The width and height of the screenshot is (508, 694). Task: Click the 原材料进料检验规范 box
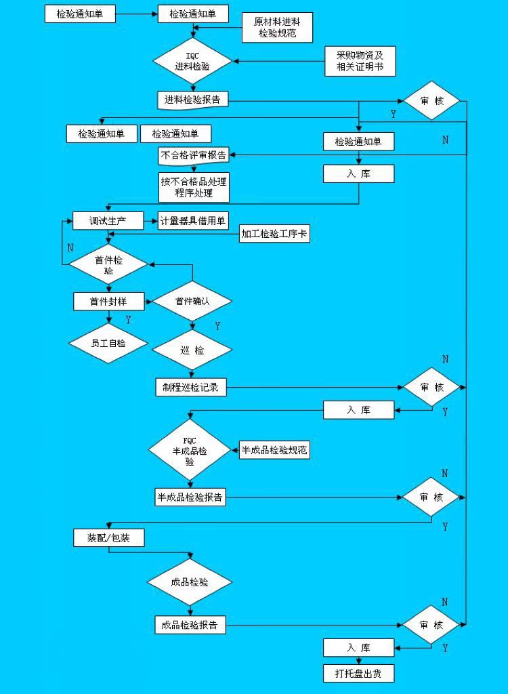click(278, 27)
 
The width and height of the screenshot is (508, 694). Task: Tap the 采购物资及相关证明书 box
click(359, 61)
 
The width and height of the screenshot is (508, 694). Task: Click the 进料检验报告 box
click(193, 100)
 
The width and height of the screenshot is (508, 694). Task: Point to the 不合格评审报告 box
click(194, 155)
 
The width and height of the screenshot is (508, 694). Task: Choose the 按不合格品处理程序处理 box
click(194, 187)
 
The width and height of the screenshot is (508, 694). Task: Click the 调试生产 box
click(108, 221)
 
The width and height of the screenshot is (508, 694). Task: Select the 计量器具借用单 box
click(194, 221)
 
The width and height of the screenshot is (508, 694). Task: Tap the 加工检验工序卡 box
click(274, 234)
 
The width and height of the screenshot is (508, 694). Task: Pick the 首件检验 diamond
click(108, 264)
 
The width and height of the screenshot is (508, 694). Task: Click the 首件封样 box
click(108, 301)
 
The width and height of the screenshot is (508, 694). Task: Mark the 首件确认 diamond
click(192, 301)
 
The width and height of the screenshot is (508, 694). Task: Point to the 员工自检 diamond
click(108, 343)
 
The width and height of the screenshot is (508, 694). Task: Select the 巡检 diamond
click(192, 350)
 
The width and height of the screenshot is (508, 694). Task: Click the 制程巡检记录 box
click(190, 387)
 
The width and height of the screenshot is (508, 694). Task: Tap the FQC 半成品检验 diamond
click(190, 451)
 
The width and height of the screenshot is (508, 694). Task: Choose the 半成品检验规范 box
click(274, 450)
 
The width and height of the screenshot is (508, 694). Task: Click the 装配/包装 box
click(108, 538)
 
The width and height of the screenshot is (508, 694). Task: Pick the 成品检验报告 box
click(190, 625)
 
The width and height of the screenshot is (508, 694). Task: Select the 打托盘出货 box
click(358, 673)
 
